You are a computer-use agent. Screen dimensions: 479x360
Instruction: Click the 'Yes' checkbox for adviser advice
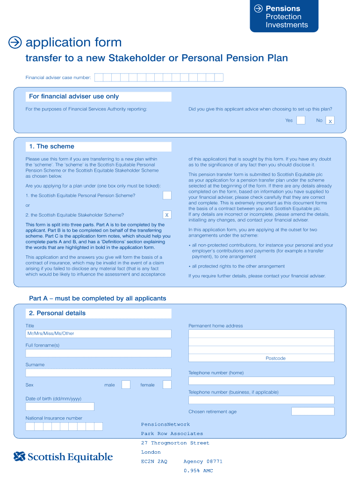point(301,120)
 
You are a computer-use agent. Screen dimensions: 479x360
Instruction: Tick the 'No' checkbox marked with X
point(330,121)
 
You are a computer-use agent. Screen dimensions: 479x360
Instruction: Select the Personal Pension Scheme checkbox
point(167,195)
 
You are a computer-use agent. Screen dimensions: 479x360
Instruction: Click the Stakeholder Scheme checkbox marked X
point(167,215)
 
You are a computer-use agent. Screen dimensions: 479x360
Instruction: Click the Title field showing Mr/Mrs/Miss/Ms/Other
point(98,334)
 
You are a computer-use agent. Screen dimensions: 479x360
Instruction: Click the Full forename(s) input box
point(98,353)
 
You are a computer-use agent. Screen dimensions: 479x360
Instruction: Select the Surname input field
point(98,373)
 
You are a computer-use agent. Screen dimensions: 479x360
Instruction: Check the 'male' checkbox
point(126,385)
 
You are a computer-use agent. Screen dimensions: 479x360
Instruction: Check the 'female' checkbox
point(167,385)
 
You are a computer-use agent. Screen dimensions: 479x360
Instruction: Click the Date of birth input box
point(60,406)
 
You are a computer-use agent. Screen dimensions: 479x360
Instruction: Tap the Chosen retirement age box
point(312,411)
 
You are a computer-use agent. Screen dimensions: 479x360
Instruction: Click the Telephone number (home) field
point(261,381)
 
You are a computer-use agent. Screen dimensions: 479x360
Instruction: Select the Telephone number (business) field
point(261,400)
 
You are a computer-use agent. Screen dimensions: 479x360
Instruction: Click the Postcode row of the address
point(261,358)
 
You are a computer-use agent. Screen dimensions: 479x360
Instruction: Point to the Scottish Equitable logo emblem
point(19,457)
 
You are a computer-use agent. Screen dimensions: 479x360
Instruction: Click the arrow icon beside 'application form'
point(15,43)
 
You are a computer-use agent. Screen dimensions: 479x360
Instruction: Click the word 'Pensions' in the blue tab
point(283,8)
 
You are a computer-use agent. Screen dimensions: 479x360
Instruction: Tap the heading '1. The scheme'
point(51,146)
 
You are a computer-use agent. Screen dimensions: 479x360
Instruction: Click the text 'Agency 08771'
point(203,461)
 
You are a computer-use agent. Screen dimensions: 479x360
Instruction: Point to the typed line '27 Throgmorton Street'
point(175,443)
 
